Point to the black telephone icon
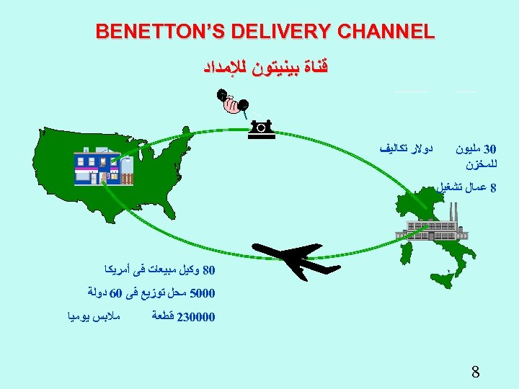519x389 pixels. coord(260,128)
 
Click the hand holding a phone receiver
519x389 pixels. coord(232,102)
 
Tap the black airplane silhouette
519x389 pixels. coord(288,257)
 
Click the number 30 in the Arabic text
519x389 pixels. coord(489,150)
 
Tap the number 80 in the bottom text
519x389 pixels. coord(209,271)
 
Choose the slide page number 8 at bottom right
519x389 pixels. coord(476,372)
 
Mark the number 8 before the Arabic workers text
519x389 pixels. coord(493,189)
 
